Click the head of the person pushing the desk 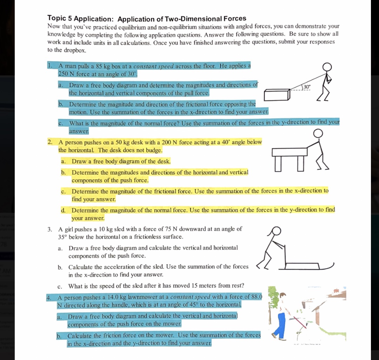pyautogui.click(x=319, y=134)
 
